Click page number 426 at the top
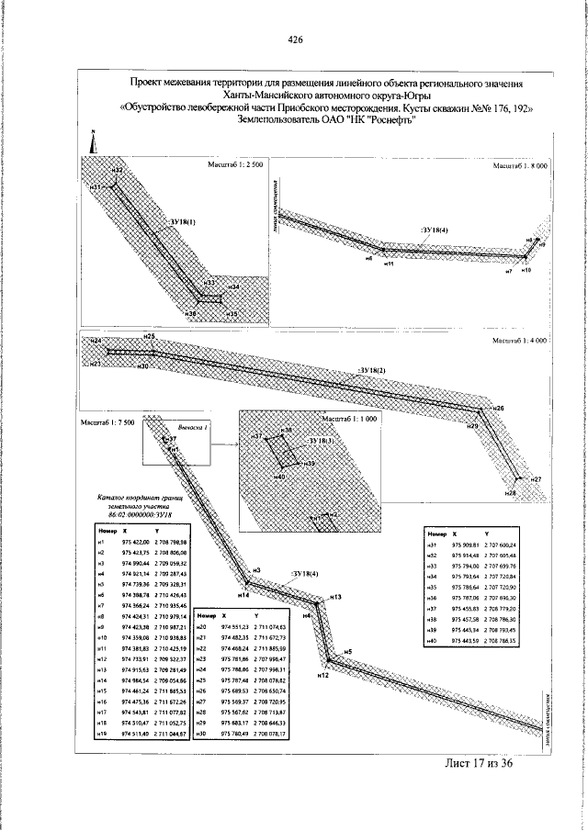295,39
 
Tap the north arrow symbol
94,140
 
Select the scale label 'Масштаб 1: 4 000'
520,340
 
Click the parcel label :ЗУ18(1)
183,221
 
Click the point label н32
117,171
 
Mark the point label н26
499,408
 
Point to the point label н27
537,480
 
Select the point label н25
149,338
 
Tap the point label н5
348,651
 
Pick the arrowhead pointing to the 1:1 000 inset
235,444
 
